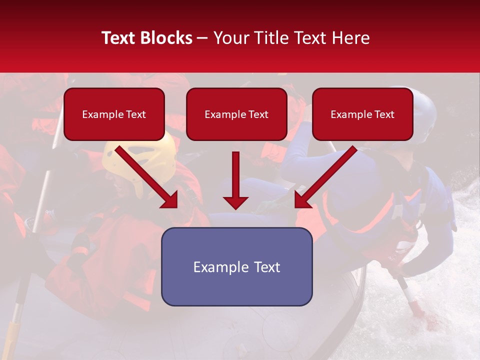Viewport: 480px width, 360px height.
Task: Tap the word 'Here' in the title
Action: tap(351, 38)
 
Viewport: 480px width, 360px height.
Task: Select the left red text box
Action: tap(114, 114)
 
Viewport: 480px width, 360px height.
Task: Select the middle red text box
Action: tap(236, 114)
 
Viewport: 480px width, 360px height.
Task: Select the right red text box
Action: tap(362, 114)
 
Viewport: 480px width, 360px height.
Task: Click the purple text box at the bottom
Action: tap(236, 266)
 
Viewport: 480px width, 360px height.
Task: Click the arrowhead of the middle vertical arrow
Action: tap(235, 202)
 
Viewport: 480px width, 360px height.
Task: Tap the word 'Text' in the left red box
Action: tap(135, 114)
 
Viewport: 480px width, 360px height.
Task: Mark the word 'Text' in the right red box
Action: tap(384, 114)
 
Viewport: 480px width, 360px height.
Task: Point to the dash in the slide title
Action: tap(202, 38)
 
